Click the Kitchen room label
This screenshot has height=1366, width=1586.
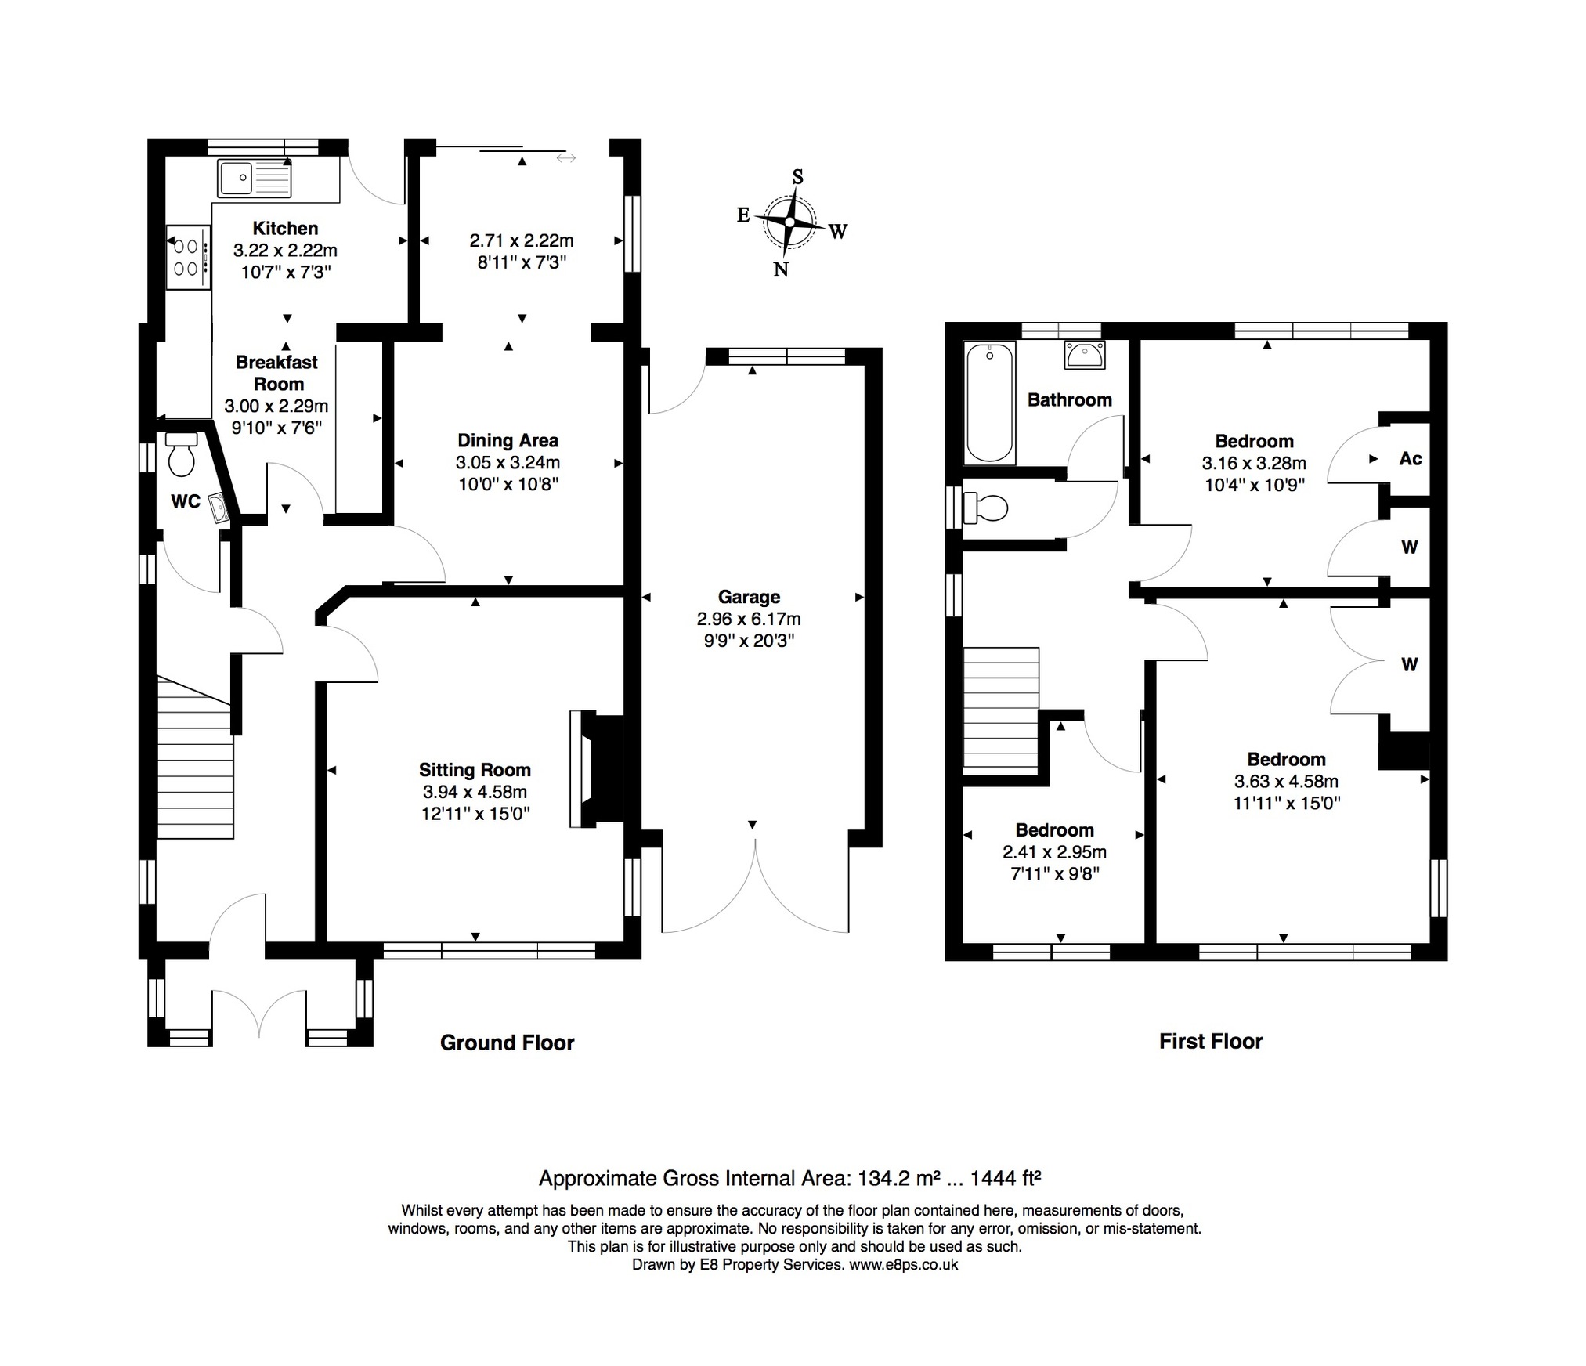pyautogui.click(x=285, y=229)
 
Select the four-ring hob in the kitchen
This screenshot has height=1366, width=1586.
pyautogui.click(x=188, y=258)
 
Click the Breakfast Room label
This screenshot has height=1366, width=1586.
pyautogui.click(x=277, y=373)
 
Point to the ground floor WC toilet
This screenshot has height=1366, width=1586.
pyautogui.click(x=182, y=454)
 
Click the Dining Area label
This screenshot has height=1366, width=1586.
pyautogui.click(x=508, y=441)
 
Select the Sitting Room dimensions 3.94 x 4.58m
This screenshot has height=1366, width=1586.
pyautogui.click(x=475, y=792)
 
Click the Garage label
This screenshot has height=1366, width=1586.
pyautogui.click(x=749, y=598)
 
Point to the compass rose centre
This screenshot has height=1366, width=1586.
pyautogui.click(x=790, y=222)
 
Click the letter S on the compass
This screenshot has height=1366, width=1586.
pyautogui.click(x=797, y=177)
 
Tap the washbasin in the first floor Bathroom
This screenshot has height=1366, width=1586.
pyautogui.click(x=1085, y=355)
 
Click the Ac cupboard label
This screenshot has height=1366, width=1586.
pyautogui.click(x=1411, y=459)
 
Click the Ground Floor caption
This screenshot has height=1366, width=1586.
pyautogui.click(x=508, y=1043)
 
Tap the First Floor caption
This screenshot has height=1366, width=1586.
pyautogui.click(x=1211, y=1041)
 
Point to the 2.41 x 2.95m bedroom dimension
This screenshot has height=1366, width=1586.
pyautogui.click(x=1054, y=852)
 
